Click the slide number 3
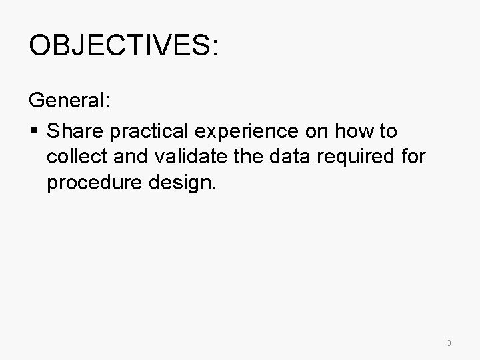pyautogui.click(x=449, y=343)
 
